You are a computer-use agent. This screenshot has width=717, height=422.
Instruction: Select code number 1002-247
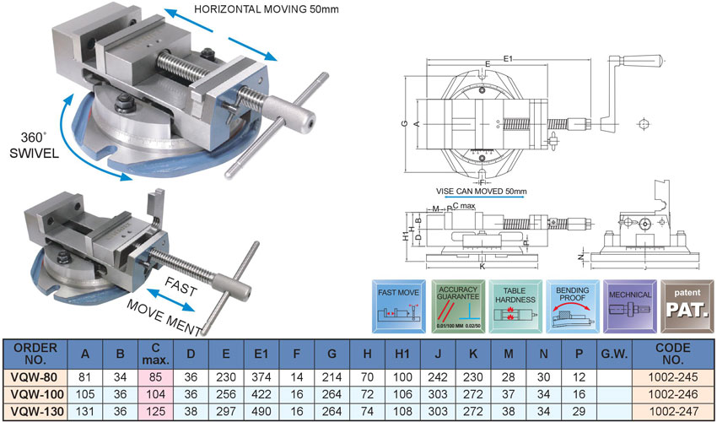[x=677, y=411]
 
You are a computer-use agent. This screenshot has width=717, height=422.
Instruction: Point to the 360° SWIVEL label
[x=34, y=144]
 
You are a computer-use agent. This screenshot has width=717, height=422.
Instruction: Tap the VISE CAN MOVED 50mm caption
[x=482, y=192]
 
